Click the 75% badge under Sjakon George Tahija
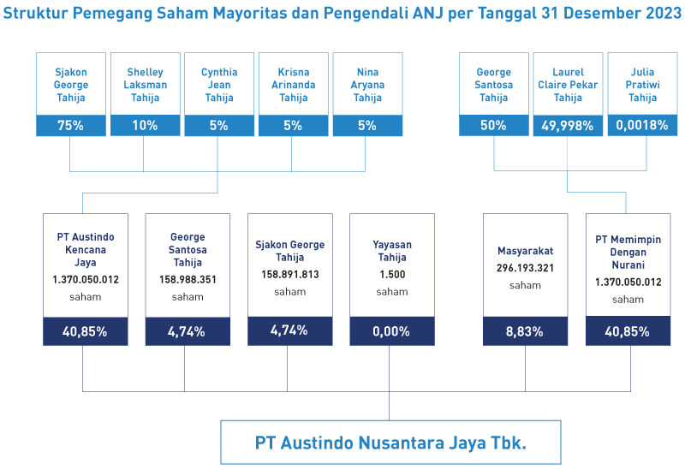71,125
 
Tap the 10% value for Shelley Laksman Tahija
145,125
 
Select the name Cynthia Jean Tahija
219,85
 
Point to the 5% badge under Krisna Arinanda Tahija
293,125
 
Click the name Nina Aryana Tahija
367,85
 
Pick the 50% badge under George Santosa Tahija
494,125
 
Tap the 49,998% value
568,126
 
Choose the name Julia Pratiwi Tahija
642,85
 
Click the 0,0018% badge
642,125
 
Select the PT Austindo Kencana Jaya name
86,249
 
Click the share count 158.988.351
188,280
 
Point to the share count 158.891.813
290,274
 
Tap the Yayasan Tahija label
392,251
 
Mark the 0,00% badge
392,331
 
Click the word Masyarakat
525,251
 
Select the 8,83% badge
525,331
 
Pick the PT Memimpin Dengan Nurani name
628,252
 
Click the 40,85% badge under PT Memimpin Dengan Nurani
628,331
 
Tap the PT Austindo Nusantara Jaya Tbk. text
390,443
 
